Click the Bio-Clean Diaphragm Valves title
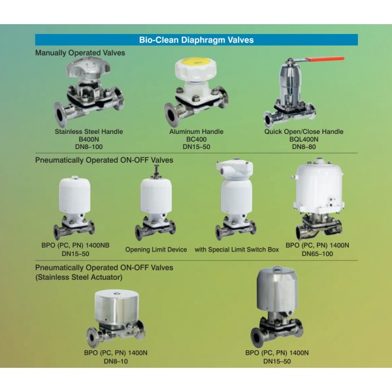[196, 40]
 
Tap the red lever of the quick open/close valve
[325, 59]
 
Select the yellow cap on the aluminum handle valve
[196, 62]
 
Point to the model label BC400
[196, 139]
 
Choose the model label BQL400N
[304, 139]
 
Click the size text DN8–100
[89, 147]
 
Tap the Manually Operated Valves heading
[80, 53]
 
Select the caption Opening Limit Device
[156, 250]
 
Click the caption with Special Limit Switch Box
[237, 250]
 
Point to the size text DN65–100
[318, 253]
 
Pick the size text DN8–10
[116, 361]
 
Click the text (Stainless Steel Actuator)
[79, 277]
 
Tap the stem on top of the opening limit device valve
[157, 171]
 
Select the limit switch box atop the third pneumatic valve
[235, 169]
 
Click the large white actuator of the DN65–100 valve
[319, 186]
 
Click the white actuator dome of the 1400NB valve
[74, 195]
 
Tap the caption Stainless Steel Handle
[89, 131]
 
